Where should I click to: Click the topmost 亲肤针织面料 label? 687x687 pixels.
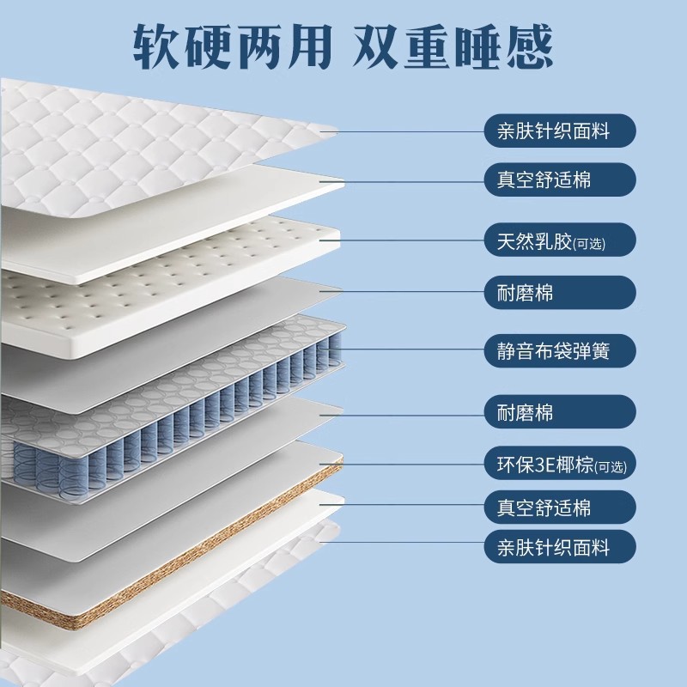(560, 131)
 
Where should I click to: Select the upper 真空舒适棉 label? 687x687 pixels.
(560, 179)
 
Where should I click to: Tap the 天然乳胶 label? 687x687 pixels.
(560, 240)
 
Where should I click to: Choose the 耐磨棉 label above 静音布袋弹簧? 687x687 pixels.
(560, 292)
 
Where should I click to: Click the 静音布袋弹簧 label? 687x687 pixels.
(560, 350)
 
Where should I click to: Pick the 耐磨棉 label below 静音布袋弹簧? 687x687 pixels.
(560, 412)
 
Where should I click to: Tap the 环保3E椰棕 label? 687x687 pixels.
(560, 463)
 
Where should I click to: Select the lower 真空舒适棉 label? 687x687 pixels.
(560, 507)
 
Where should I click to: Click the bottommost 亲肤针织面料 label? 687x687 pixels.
(560, 546)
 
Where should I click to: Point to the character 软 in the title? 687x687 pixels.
(156, 46)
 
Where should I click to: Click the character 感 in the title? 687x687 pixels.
(529, 46)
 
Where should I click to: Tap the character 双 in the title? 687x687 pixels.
(376, 46)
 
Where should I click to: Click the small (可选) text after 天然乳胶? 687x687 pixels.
(589, 244)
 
